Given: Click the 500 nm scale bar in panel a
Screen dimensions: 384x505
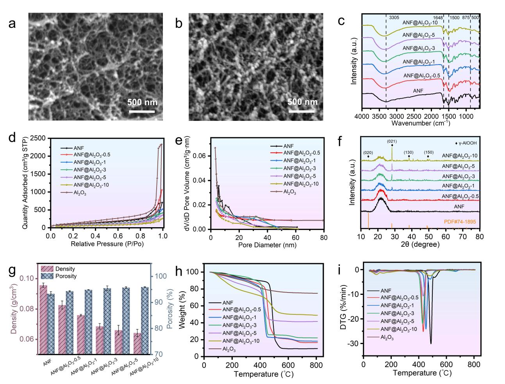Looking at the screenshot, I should pyautogui.click(x=142, y=111).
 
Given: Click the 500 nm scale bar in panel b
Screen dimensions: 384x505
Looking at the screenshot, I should pyautogui.click(x=302, y=111).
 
